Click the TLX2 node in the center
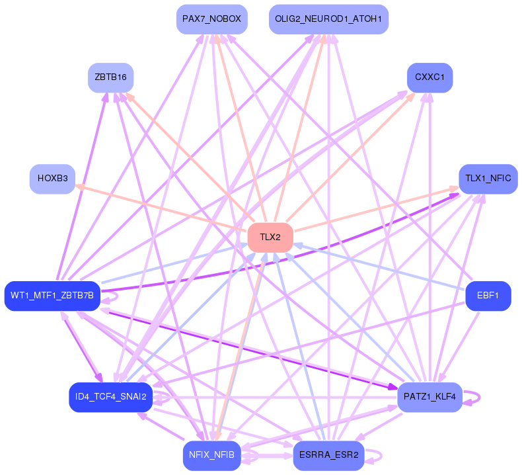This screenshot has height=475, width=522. pos(270,237)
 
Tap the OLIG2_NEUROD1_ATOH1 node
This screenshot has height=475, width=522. pos(328,19)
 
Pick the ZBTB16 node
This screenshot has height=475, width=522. pos(110,77)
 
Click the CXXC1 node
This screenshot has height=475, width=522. pos(429,77)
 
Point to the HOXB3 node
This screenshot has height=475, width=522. pos(52,179)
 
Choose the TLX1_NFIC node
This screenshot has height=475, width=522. pos(488,179)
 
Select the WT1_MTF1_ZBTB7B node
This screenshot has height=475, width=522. pos(52,295)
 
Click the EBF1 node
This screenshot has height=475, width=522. pos(488,295)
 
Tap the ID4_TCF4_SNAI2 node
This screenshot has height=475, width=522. pos(110,397)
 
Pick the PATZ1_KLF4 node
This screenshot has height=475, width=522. pos(429,397)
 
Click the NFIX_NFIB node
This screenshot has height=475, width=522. pos(211,455)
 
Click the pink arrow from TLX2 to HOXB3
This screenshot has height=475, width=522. pos(159,207)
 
